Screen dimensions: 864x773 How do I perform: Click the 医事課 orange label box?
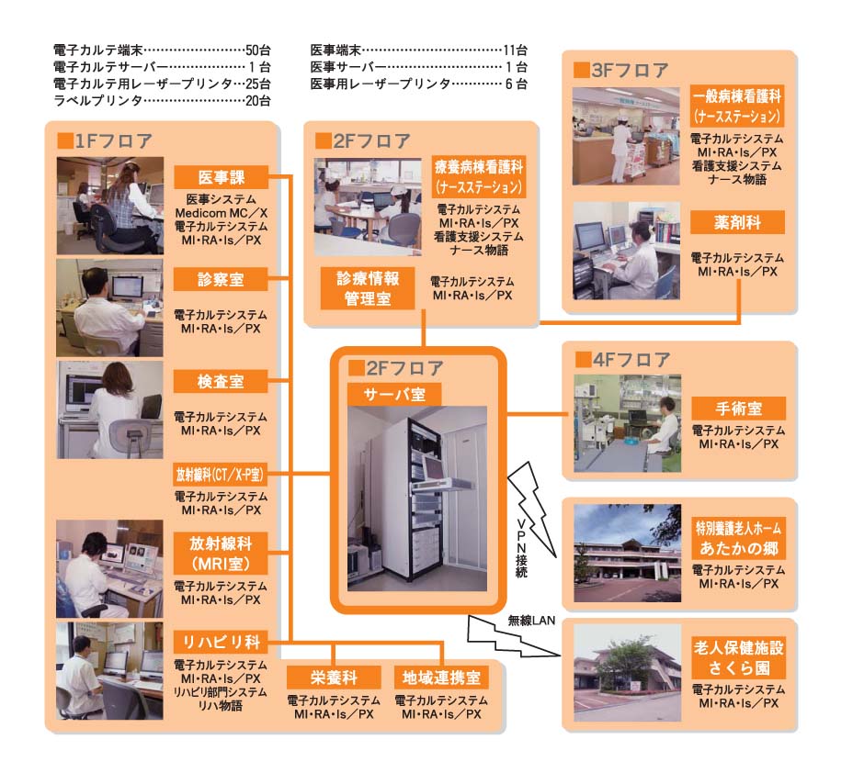pos(221,177)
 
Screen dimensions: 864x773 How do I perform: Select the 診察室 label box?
pos(221,279)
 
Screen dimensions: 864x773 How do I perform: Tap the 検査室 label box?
pos(221,381)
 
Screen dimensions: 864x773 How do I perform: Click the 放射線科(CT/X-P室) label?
pos(220,475)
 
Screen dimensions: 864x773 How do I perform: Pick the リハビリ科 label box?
pos(221,642)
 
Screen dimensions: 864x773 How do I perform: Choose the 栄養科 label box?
pos(334,678)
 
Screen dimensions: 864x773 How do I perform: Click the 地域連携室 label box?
pos(441,678)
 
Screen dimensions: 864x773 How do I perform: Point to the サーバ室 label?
pos(394,395)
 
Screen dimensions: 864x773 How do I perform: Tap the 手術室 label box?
pos(738,409)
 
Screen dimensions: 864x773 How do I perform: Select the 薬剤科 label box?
pos(737,222)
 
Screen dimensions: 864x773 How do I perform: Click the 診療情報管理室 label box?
pos(368,288)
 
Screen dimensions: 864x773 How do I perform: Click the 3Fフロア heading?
pos(621,71)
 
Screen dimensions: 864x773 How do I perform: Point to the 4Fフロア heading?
pos(623,360)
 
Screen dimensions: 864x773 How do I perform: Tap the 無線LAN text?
pos(531,621)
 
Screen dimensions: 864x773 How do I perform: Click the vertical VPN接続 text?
pos(521,548)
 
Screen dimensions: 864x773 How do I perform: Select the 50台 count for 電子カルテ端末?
pos(258,50)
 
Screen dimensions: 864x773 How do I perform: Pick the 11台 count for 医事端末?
pos(516,50)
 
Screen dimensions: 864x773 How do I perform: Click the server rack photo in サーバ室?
pos(417,499)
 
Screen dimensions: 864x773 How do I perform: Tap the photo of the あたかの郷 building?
pos(627,553)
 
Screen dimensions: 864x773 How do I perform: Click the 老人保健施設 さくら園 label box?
pos(738,658)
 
